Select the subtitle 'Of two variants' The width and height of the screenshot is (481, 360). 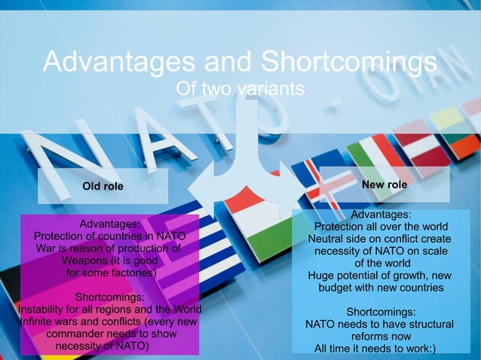coord(240,89)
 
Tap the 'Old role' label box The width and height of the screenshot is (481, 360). coord(103,185)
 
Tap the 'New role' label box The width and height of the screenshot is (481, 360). coord(384,185)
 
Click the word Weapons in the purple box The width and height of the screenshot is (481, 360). coord(81,261)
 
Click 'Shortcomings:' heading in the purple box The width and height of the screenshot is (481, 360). coord(110,297)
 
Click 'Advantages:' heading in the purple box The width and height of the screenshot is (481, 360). coord(110,224)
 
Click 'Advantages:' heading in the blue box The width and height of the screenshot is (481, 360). coord(381,215)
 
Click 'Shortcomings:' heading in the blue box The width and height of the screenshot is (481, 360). coord(381,312)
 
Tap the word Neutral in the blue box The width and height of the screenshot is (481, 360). coord(327,239)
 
